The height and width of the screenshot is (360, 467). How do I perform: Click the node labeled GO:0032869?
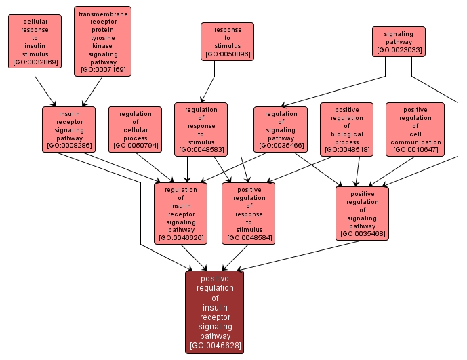[x=35, y=41]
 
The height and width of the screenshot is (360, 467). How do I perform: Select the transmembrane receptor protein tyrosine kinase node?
[x=103, y=41]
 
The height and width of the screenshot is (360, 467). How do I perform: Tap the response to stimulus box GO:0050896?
[x=227, y=41]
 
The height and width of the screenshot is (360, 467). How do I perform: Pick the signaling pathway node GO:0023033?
[x=399, y=41]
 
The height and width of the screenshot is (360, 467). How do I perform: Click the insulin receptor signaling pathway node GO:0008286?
[x=69, y=129]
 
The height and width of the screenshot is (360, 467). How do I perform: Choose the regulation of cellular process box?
[x=135, y=129]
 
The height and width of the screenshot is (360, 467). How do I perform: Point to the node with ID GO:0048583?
[x=201, y=129]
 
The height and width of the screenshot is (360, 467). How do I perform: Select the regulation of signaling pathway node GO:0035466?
[x=281, y=129]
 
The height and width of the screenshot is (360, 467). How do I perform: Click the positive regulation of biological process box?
[x=346, y=129]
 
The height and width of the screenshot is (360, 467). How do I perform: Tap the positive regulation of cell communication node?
[x=415, y=129]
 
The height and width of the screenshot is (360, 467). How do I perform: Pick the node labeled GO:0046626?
[x=180, y=214]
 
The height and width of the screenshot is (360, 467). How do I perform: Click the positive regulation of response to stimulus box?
[x=248, y=214]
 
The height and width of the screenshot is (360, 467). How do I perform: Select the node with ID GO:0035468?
[x=362, y=213]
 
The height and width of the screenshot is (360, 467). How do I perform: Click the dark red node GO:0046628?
[x=214, y=312]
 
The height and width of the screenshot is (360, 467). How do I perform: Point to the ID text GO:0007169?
[x=103, y=70]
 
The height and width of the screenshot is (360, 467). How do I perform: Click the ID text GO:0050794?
[x=135, y=146]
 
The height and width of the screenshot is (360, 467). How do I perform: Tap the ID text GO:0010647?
[x=415, y=150]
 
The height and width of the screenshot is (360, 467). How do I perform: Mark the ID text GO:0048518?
[x=346, y=150]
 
